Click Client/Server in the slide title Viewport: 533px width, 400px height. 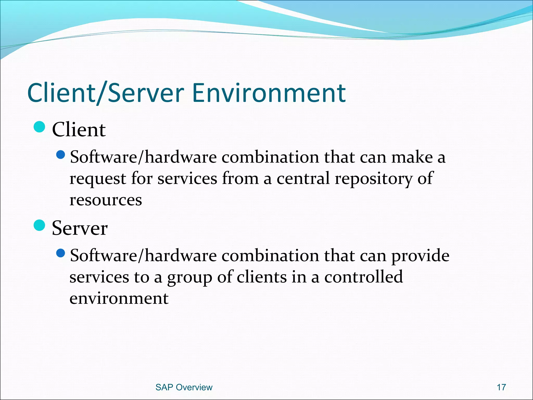pyautogui.click(x=105, y=93)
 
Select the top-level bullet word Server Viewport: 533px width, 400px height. pyautogui.click(x=80, y=228)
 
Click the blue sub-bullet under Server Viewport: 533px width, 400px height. pyautogui.click(x=61, y=253)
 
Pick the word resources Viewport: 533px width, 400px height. pyautogui.click(x=106, y=200)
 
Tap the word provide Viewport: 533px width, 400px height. pyautogui.click(x=420, y=256)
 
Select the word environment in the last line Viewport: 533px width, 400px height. pyautogui.click(x=119, y=298)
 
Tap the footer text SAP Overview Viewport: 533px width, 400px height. pyautogui.click(x=184, y=387)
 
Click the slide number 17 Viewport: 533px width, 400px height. pyautogui.click(x=501, y=387)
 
